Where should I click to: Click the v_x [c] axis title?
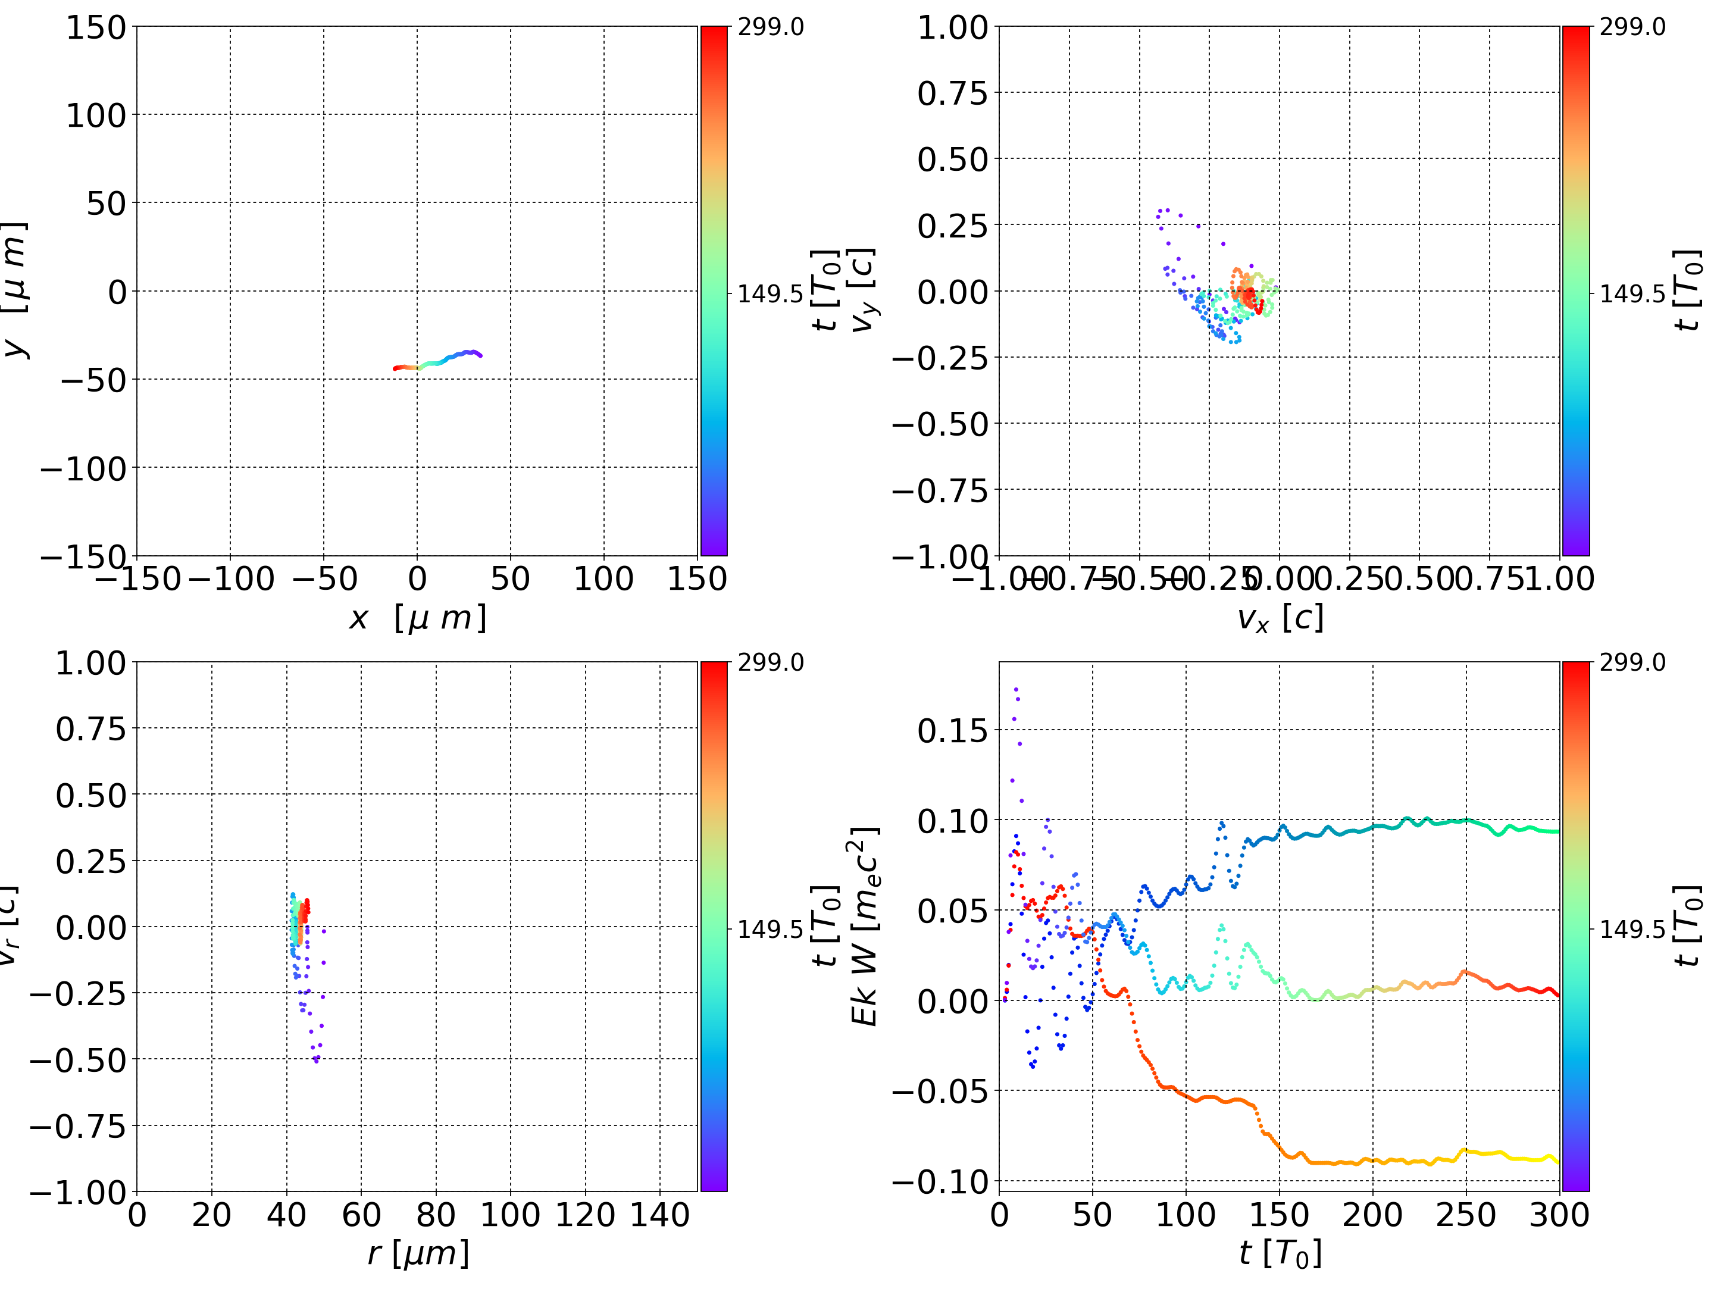tap(1280, 618)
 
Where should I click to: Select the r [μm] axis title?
tap(418, 1253)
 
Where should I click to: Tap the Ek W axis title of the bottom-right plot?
tap(865, 927)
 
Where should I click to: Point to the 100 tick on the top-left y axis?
tap(95, 115)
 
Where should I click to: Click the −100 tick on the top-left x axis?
tap(231, 579)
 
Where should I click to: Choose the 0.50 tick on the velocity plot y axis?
tap(953, 159)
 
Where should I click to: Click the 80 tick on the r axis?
tap(436, 1215)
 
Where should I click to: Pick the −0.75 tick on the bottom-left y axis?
tap(77, 1126)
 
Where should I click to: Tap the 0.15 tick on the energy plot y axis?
tap(953, 730)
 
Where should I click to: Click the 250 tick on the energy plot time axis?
tap(1466, 1215)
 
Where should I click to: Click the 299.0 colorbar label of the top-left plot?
tap(770, 27)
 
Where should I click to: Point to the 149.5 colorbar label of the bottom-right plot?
tap(1632, 928)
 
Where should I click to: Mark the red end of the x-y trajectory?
tap(395, 369)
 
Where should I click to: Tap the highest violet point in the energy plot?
tap(1016, 688)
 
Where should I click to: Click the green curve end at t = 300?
tap(1558, 831)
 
